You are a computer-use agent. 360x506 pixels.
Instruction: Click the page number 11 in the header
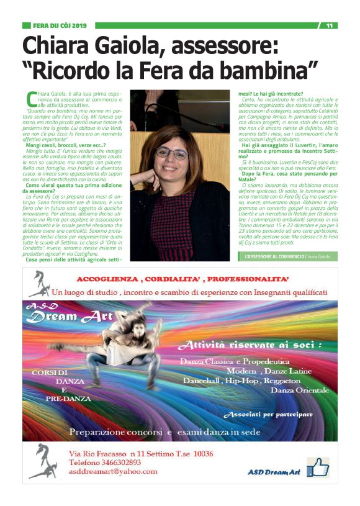point(329,25)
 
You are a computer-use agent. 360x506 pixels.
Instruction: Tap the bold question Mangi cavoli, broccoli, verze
point(65,144)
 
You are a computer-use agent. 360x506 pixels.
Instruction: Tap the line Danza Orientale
point(299,389)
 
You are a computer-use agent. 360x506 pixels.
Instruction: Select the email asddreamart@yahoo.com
point(112,471)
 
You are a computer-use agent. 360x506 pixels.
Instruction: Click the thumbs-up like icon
point(318,466)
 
